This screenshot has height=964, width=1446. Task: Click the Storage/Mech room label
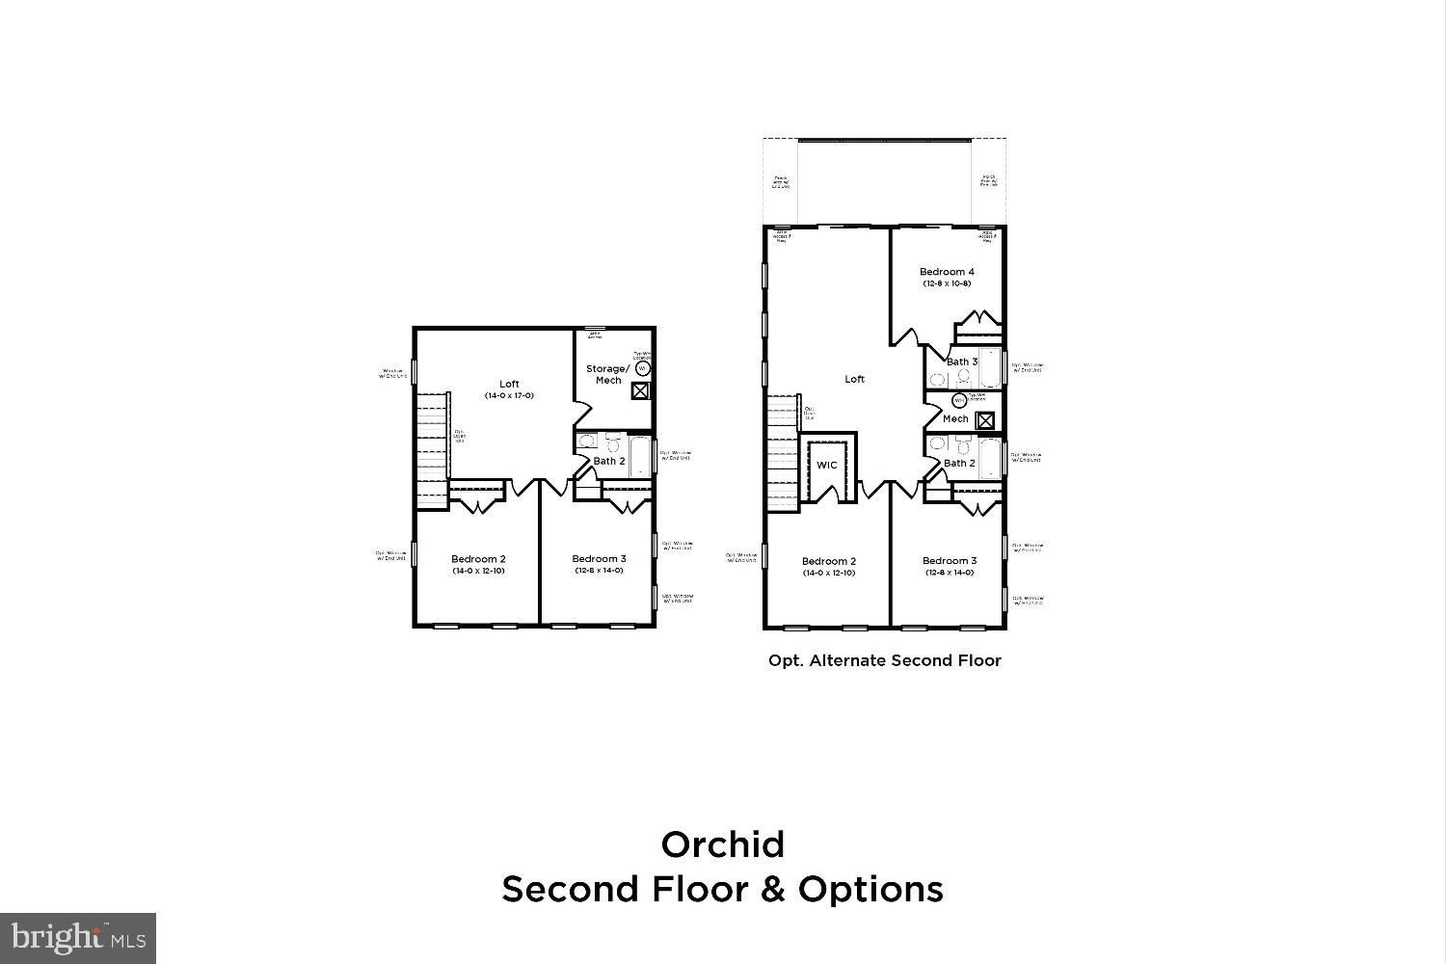pos(608,374)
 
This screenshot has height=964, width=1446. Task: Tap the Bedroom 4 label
pos(946,272)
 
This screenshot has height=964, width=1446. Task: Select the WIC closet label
pos(827,465)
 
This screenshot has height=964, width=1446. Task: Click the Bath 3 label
pos(961,362)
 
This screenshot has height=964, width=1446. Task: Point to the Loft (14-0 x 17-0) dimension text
pos(509,396)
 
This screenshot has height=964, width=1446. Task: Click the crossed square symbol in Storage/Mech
pos(640,390)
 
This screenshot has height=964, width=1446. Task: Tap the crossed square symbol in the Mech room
pos(984,420)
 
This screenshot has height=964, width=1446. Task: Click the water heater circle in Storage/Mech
pos(643,368)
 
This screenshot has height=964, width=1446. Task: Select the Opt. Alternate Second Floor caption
pos(884,660)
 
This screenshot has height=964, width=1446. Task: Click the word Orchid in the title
pos(722,844)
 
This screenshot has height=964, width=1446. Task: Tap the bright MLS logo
pos(78,937)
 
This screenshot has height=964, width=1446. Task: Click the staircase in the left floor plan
pos(433,450)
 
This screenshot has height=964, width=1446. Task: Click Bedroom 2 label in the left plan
pos(478,559)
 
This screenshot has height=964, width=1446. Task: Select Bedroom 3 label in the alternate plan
pos(949,561)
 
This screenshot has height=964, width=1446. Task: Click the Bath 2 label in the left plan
pos(608,461)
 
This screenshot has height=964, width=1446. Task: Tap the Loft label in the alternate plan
pos(854,379)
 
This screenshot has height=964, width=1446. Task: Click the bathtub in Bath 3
pos(991,367)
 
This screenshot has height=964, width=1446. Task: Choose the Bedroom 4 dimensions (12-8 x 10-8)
pos(946,284)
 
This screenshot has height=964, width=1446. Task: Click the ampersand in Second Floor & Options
pos(773,889)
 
